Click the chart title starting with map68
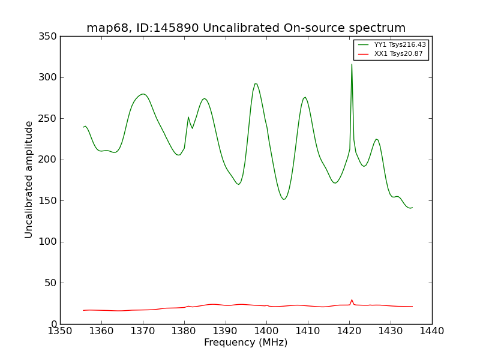click(246, 28)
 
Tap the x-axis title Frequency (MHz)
click(245, 343)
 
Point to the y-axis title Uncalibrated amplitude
click(29, 179)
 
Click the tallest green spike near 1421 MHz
click(352, 65)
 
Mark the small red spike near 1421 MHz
click(352, 300)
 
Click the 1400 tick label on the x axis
click(266, 331)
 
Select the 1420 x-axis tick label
click(349, 331)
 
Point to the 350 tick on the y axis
click(49, 37)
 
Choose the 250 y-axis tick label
click(49, 119)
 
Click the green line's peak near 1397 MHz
click(255, 84)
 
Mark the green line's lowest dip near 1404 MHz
click(284, 199)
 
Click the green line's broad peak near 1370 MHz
click(143, 94)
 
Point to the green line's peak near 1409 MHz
click(305, 97)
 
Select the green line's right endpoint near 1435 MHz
click(412, 208)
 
